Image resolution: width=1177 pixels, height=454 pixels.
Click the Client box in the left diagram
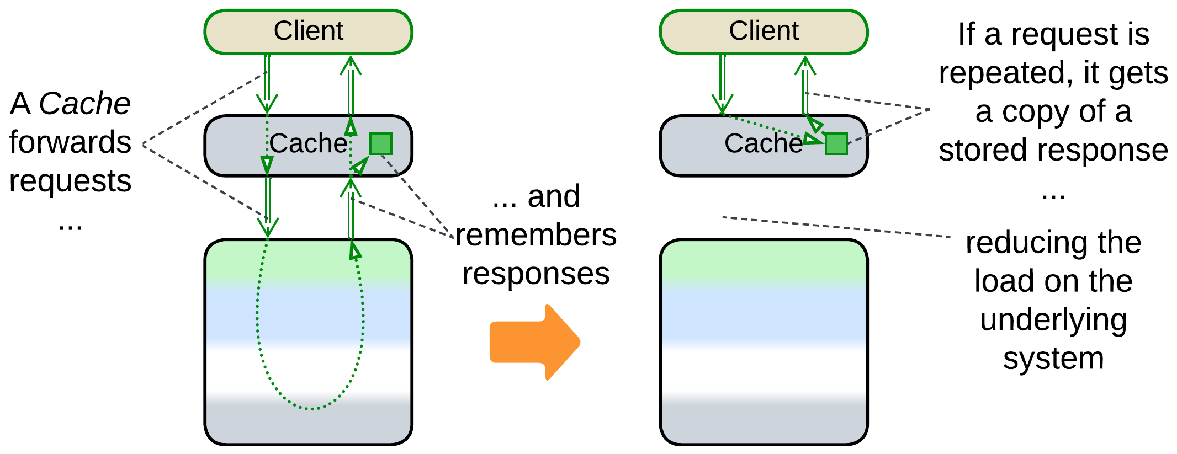(308, 31)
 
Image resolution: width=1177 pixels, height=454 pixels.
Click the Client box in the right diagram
(764, 31)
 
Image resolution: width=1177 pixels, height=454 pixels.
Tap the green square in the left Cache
(380, 144)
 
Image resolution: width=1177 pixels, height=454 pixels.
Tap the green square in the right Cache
(836, 144)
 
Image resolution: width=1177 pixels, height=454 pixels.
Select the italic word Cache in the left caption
(84, 104)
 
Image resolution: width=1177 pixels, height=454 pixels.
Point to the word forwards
(70, 142)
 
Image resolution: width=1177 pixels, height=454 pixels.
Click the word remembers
(536, 235)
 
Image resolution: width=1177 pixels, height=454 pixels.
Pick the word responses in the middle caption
(536, 274)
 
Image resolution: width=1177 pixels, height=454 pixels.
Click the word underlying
(1053, 320)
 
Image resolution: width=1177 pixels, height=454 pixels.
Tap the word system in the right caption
(1053, 359)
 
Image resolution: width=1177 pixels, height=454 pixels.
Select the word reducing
(1011, 243)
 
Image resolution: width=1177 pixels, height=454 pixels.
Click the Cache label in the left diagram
(308, 144)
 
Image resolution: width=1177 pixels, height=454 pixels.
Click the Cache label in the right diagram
(764, 144)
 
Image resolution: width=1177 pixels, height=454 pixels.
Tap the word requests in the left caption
(70, 181)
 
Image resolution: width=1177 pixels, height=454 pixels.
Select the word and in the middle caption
(554, 196)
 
